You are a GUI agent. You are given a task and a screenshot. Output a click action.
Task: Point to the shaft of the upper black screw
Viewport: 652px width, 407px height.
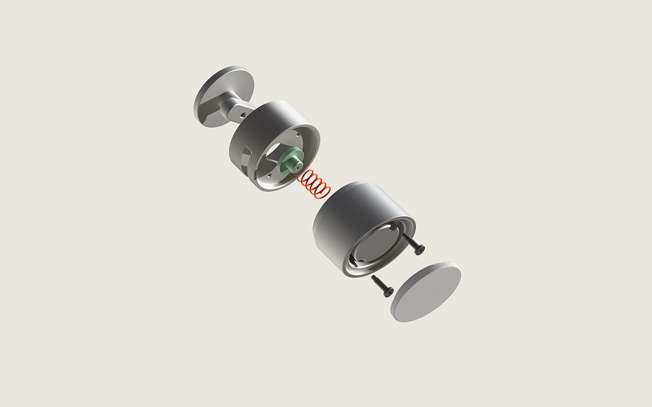click(409, 240)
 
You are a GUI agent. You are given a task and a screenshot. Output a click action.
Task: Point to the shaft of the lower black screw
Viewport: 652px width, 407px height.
click(379, 283)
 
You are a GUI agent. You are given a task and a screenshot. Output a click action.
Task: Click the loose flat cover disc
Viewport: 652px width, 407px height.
click(426, 291)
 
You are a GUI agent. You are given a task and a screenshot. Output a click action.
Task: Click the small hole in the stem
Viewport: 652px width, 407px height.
click(243, 115)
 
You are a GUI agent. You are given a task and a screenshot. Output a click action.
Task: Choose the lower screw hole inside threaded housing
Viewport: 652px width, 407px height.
click(268, 177)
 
